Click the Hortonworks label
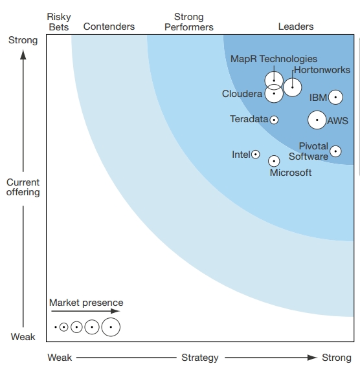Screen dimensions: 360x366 click(x=322, y=70)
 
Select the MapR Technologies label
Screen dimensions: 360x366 click(x=274, y=59)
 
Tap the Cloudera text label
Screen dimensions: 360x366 click(x=242, y=94)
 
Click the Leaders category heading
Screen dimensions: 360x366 click(x=296, y=27)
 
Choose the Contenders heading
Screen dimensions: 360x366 click(x=109, y=27)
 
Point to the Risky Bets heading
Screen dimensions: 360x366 click(x=59, y=22)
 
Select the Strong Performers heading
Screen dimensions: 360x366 click(x=189, y=22)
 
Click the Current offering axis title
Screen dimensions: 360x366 click(x=23, y=187)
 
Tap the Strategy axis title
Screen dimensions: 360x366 click(x=200, y=358)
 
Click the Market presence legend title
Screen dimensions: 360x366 click(x=86, y=303)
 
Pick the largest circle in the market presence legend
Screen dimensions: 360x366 click(x=111, y=318)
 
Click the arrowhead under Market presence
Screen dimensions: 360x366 click(x=115, y=311)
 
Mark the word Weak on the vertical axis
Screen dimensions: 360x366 click(x=23, y=337)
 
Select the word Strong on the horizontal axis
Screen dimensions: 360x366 click(x=337, y=358)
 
